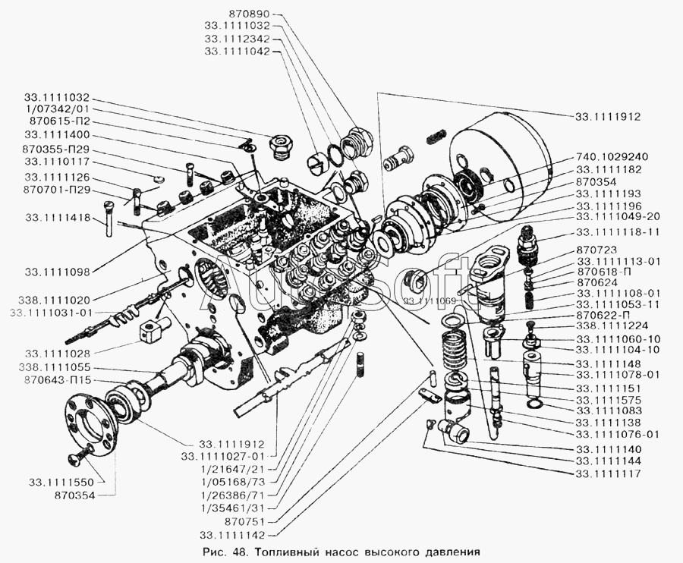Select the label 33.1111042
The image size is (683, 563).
[237, 51]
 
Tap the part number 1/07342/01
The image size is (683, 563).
[57, 109]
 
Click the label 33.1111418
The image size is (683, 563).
[58, 217]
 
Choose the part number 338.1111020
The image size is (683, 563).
[54, 300]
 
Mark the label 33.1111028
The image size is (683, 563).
[58, 353]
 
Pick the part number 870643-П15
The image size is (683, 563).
[58, 380]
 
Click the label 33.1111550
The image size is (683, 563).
[61, 482]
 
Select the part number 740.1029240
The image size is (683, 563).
[612, 156]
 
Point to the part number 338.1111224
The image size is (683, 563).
[612, 326]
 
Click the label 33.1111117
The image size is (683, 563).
[608, 473]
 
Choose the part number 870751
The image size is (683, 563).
[245, 521]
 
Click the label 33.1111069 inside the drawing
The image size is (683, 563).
[430, 301]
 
